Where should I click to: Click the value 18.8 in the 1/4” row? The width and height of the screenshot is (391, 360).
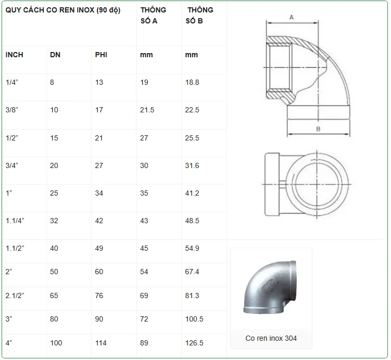192,83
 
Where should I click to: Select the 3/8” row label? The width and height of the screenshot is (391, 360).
12,110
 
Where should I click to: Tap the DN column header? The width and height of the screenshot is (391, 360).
55,55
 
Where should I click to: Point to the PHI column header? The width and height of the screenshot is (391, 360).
101,55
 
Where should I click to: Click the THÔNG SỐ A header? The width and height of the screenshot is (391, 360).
153,16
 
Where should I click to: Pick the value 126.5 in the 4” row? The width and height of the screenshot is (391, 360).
194,343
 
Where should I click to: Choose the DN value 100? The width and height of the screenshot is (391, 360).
56,343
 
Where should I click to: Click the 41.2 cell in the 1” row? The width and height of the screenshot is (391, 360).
192,193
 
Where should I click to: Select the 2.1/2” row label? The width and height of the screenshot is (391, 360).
15,295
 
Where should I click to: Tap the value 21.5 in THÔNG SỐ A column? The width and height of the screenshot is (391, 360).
147,110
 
